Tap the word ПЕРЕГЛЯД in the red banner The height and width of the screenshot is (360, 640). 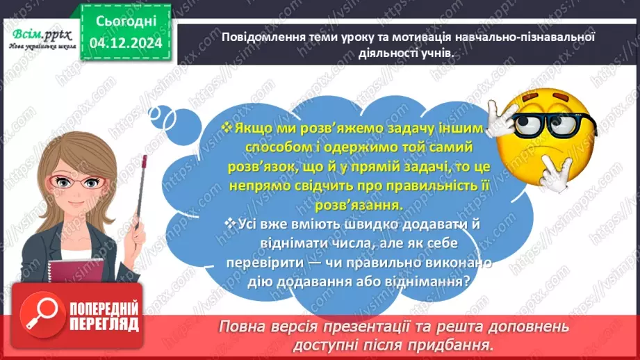(105, 325)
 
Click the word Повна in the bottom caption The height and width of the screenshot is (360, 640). (243, 327)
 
